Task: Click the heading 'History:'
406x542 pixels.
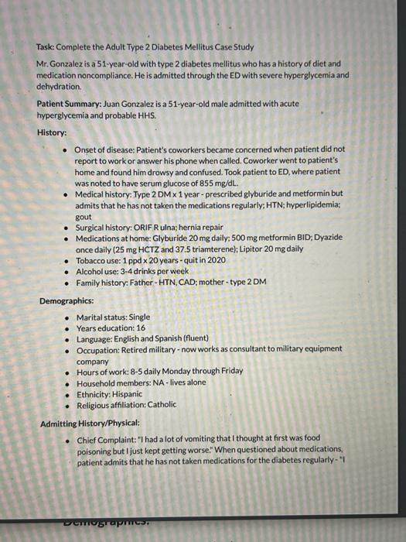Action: pos(52,132)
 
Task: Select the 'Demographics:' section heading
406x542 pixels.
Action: pos(67,300)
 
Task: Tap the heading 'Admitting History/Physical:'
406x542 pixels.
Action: pos(90,423)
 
